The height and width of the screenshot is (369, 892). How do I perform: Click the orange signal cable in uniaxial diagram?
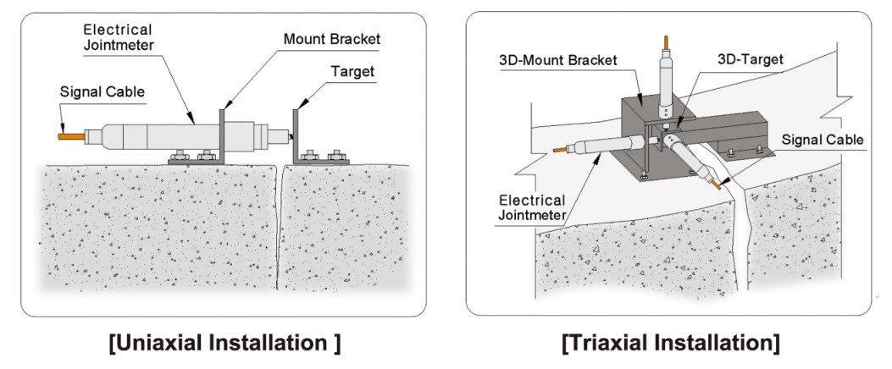(x=70, y=135)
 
